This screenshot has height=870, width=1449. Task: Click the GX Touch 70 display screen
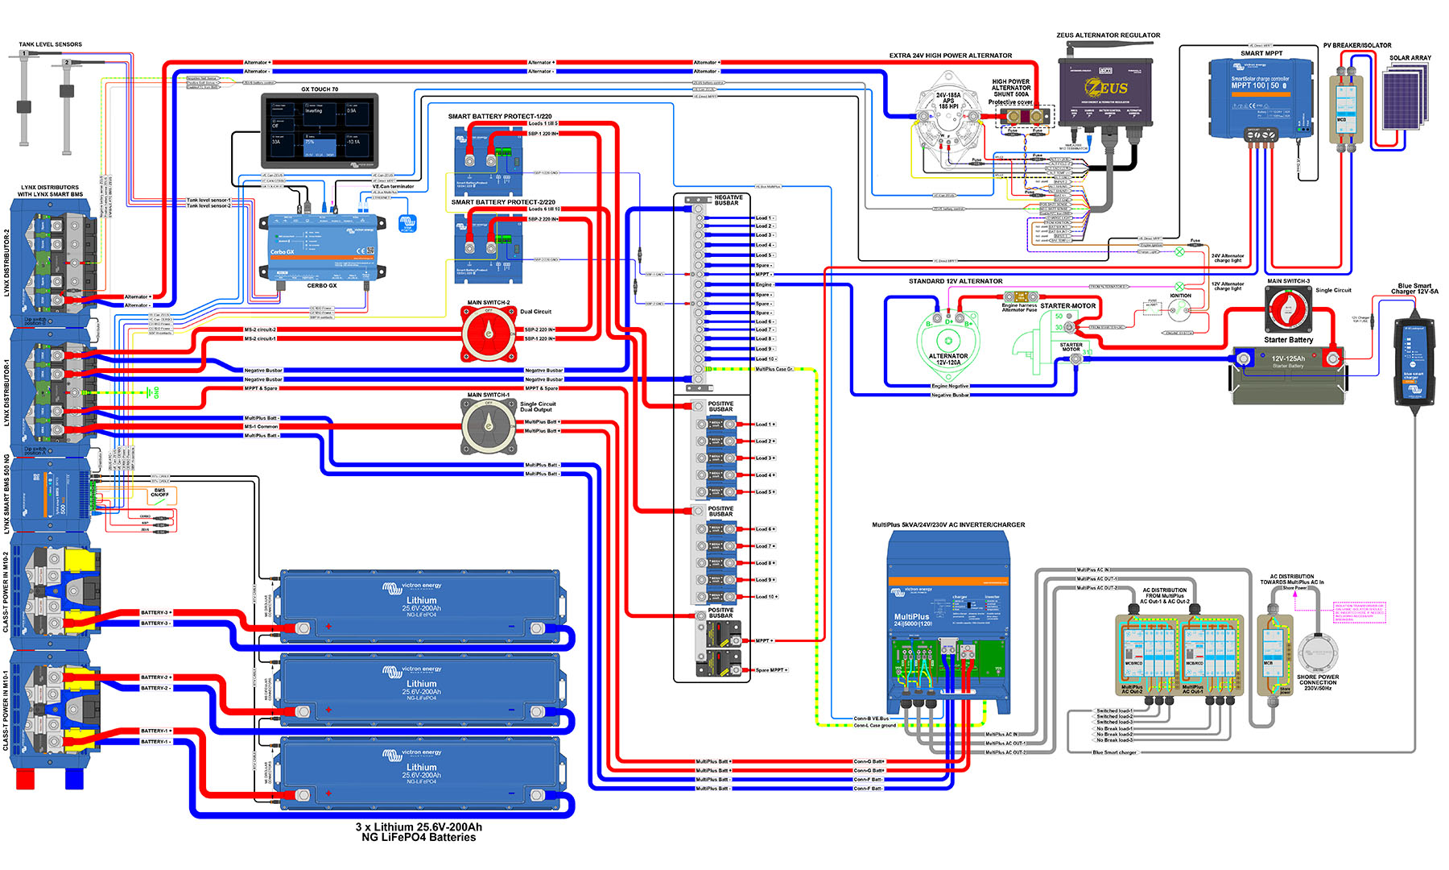point(320,129)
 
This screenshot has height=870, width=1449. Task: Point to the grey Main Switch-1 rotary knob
point(489,425)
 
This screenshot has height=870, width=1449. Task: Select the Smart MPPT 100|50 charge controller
point(1260,97)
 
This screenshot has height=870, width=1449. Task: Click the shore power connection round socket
point(1317,652)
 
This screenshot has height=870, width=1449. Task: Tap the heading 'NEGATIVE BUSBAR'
point(728,200)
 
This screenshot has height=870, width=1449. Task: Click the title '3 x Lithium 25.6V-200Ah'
point(419,826)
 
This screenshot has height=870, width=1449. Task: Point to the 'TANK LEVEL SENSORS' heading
point(50,44)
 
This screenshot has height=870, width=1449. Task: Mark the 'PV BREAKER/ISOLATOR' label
point(1357,45)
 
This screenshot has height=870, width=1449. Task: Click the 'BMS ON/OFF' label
point(159,492)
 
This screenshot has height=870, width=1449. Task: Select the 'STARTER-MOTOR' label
point(1067,306)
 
